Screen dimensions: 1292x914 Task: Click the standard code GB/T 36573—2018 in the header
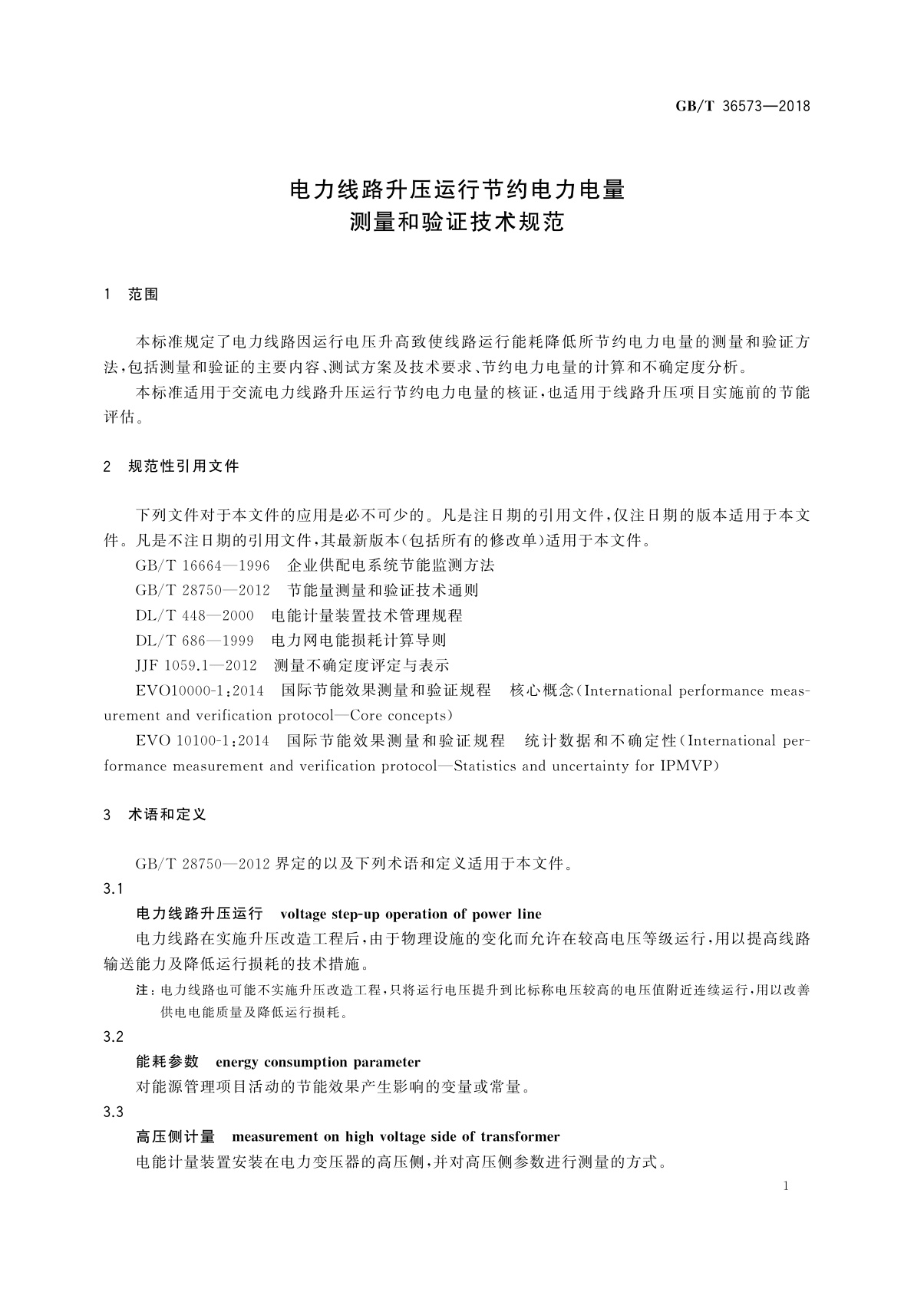tap(742, 107)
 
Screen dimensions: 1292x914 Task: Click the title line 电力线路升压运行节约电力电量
tap(457, 190)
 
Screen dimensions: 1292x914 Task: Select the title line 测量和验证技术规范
tap(457, 222)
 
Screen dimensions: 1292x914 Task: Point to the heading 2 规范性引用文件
tap(171, 466)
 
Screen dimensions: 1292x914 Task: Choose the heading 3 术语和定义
tap(155, 814)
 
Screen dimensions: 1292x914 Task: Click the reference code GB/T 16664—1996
tap(203, 565)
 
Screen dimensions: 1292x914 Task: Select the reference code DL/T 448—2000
tap(194, 615)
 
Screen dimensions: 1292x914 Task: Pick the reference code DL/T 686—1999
tap(194, 640)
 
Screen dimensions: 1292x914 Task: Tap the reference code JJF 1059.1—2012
tap(196, 665)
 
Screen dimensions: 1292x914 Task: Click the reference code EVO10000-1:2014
tap(200, 690)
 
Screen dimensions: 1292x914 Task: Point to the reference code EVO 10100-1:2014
tap(203, 740)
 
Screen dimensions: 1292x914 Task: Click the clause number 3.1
tap(113, 888)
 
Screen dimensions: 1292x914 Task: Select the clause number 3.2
tap(113, 1037)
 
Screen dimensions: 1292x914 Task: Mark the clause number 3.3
tap(113, 1111)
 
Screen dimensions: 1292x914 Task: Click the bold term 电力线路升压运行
tap(200, 914)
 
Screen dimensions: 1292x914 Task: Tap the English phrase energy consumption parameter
tap(318, 1062)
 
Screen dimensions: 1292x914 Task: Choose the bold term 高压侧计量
tap(175, 1136)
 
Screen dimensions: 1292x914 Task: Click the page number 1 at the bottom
tap(786, 1186)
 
